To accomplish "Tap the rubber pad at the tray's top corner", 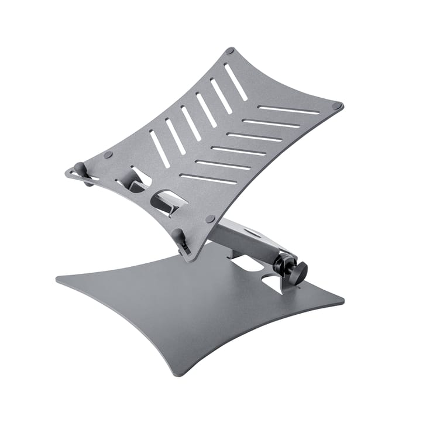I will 230,51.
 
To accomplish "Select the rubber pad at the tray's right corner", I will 336,106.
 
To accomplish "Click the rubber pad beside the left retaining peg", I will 108,155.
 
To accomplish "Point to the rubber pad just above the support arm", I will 210,218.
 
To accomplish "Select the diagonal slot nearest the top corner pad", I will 236,82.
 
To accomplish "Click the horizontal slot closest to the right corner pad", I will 288,110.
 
